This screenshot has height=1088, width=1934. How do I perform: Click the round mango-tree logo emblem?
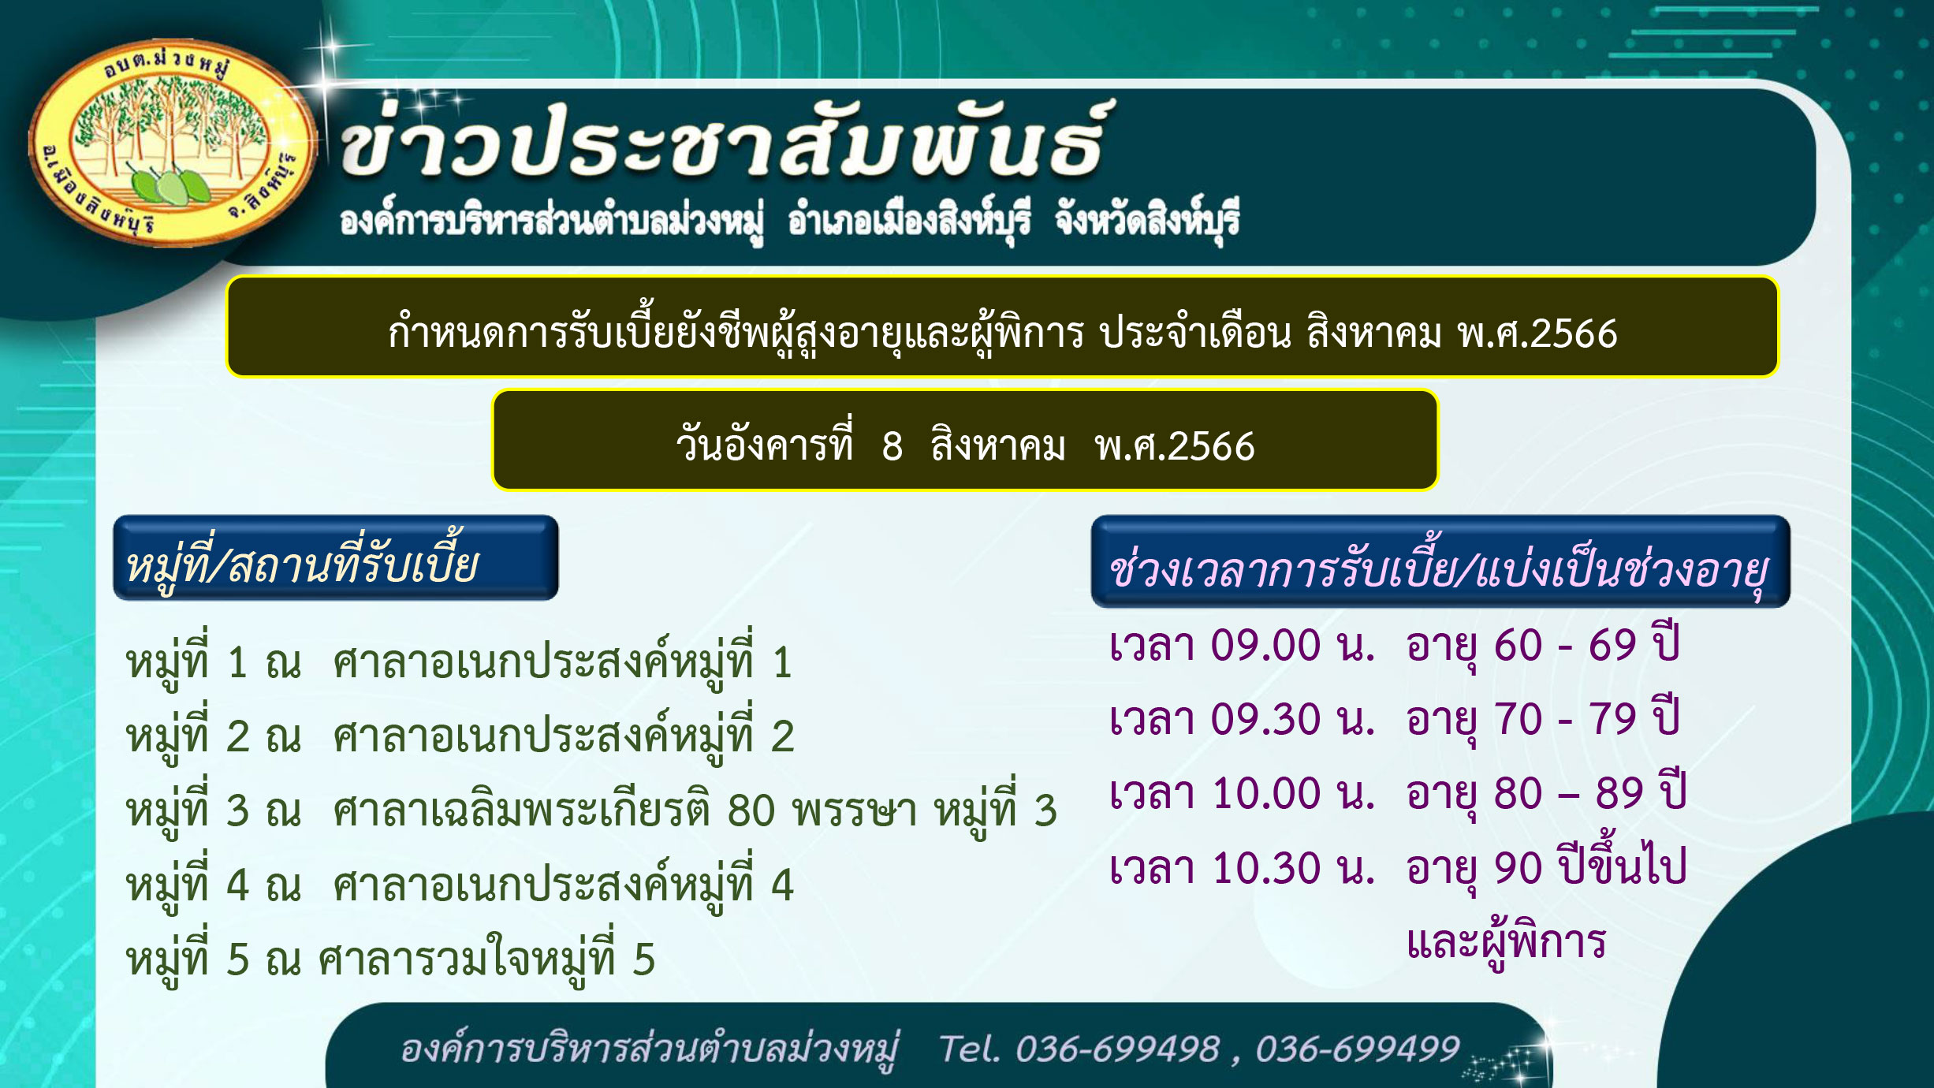[x=172, y=143]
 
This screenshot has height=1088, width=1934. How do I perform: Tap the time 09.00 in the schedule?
[x=1265, y=646]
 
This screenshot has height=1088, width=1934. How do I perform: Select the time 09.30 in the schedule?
[x=1265, y=720]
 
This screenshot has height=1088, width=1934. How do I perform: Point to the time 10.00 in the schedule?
[x=1265, y=794]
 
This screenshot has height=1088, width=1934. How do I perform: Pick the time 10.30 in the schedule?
[x=1265, y=868]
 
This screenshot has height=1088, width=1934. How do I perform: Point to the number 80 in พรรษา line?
[x=751, y=811]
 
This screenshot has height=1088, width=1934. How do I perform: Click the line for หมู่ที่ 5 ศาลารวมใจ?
[x=390, y=957]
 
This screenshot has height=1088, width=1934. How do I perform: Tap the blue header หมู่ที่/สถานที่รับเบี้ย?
[x=336, y=558]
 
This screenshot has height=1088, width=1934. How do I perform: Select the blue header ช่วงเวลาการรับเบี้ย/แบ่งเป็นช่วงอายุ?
[x=1440, y=562]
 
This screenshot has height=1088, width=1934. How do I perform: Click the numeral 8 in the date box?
[x=892, y=446]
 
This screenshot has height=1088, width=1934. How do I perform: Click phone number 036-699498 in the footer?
[x=1117, y=1049]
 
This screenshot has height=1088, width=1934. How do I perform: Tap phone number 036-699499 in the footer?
[x=1358, y=1049]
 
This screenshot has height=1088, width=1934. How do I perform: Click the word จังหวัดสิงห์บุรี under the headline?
[x=1147, y=220]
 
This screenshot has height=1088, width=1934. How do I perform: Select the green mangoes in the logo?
[x=170, y=185]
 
